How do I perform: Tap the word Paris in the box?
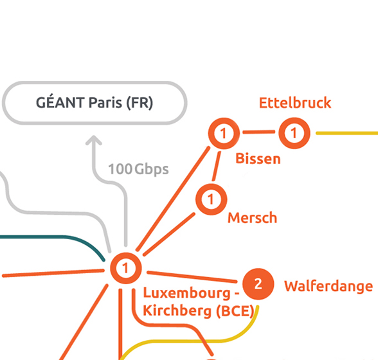(x=105, y=103)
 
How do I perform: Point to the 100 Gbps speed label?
(x=138, y=169)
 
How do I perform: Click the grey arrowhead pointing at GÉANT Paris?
(x=94, y=140)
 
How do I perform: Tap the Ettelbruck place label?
(x=295, y=103)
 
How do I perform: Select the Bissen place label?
(x=258, y=159)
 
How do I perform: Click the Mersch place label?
(x=253, y=218)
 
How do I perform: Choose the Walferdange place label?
(x=328, y=287)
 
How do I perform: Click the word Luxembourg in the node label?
(x=187, y=293)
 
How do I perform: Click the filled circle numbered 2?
(x=258, y=284)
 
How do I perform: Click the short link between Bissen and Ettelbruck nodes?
(x=259, y=132)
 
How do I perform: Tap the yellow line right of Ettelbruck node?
(x=347, y=133)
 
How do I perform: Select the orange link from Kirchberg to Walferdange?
(x=192, y=277)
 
